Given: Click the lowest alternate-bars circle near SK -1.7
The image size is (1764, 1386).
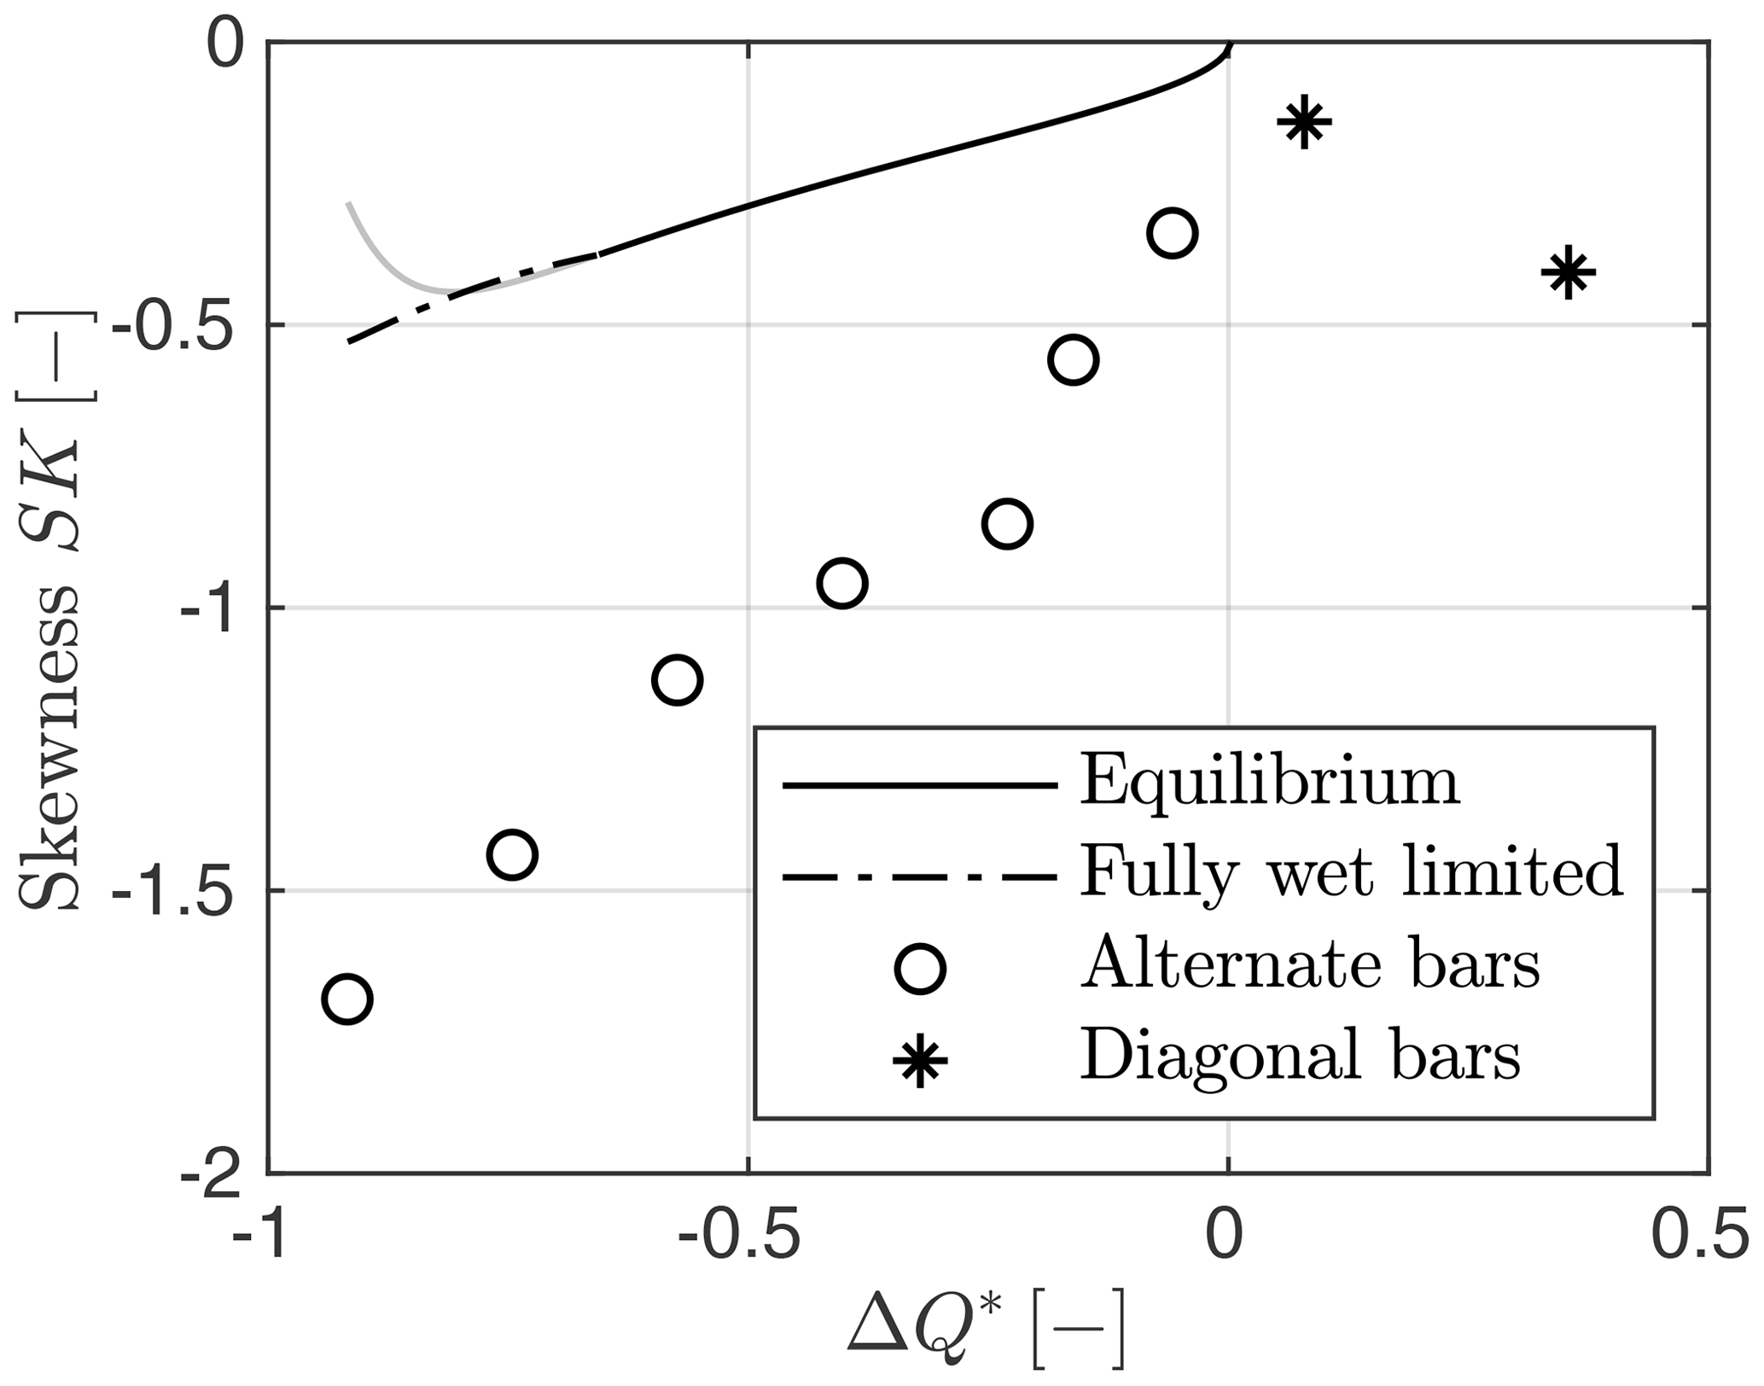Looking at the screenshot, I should click(346, 999).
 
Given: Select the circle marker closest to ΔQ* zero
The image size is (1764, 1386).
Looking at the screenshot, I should click(1172, 232).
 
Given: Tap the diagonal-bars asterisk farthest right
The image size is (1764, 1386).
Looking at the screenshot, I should click(1568, 272).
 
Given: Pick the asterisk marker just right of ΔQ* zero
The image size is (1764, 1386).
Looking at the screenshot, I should click(1304, 122).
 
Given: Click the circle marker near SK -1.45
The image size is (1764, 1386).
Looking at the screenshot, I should click(511, 854).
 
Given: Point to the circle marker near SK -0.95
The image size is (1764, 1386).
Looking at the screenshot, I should click(841, 584).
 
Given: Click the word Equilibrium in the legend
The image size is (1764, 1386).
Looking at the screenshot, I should click(1270, 781).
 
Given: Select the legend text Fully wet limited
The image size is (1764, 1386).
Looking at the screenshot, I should click(1351, 872).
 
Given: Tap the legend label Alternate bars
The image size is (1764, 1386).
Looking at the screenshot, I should click(1311, 964).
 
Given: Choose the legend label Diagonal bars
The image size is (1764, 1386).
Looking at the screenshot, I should click(1301, 1055).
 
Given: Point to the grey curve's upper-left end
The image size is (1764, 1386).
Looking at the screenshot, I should click(348, 203).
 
